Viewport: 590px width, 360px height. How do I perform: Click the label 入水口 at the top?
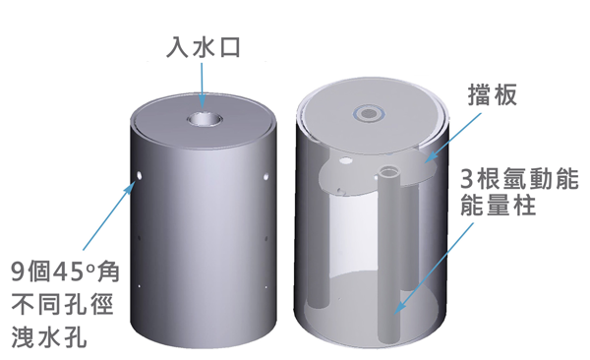[202, 46]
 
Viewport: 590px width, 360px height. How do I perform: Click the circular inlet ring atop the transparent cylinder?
[371, 113]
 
